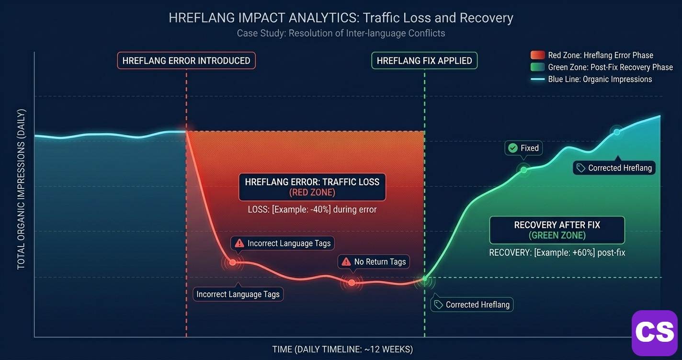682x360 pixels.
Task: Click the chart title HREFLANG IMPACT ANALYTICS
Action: coord(341,18)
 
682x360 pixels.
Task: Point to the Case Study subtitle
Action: coord(341,34)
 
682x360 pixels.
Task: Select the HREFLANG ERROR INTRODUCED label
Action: coord(186,61)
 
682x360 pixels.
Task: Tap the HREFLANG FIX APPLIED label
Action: coord(424,61)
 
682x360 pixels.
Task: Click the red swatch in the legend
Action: coord(537,55)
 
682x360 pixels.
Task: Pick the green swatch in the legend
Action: coord(537,67)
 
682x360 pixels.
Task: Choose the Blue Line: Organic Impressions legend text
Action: coord(600,79)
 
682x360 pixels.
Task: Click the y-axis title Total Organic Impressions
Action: coord(21,189)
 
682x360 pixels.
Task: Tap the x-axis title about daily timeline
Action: coord(342,349)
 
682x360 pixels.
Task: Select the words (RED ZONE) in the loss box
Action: coord(312,192)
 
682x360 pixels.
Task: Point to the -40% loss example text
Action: coord(312,209)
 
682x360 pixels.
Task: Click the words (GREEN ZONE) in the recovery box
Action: coord(557,236)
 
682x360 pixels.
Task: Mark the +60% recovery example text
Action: coord(557,252)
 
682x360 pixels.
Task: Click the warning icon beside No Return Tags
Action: coord(346,261)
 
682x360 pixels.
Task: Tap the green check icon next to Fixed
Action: coord(513,148)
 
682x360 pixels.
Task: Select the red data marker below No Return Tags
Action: coord(352,282)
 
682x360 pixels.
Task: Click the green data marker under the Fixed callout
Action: coord(523,169)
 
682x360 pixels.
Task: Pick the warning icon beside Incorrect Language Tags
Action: coord(239,243)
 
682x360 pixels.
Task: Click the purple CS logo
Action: coord(654,332)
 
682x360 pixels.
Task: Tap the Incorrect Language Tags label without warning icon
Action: coord(238,294)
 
